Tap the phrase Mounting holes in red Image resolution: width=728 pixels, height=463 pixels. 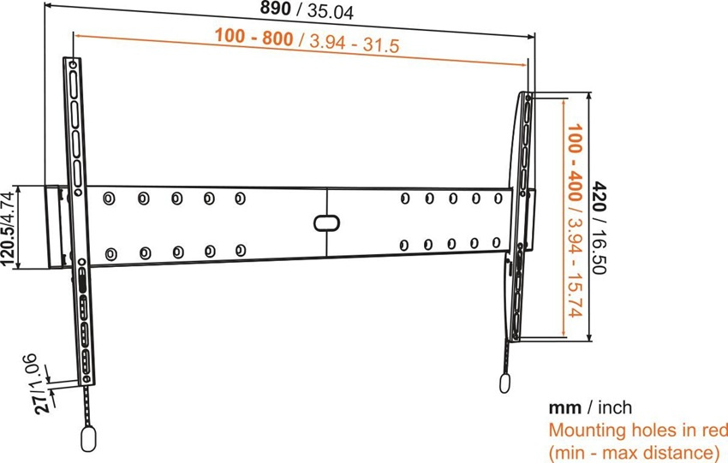tap(637, 429)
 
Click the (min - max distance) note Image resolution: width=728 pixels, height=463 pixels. tap(633, 451)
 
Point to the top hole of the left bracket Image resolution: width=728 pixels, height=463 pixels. tap(72, 65)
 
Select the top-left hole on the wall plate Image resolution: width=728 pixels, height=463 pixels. tap(108, 199)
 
